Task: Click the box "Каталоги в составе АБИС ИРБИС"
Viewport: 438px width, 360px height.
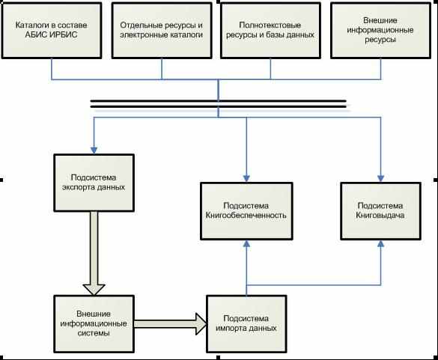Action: pyautogui.click(x=52, y=30)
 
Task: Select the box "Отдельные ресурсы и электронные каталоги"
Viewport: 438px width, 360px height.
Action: pyautogui.click(x=162, y=30)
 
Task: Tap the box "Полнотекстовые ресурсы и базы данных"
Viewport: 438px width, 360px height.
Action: pyautogui.click(x=270, y=30)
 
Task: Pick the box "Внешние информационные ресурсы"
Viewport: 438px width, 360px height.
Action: pyautogui.click(x=380, y=30)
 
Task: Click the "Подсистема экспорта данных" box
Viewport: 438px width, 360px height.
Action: pyautogui.click(x=94, y=183)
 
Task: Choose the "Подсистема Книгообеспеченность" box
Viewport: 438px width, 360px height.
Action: pyautogui.click(x=246, y=211)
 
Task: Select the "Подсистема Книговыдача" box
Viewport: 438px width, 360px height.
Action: pyautogui.click(x=380, y=211)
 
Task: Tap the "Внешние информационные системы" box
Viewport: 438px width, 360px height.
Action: pyautogui.click(x=94, y=324)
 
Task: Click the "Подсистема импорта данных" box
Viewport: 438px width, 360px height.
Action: pyautogui.click(x=246, y=324)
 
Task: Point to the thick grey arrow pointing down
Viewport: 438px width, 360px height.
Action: pyautogui.click(x=94, y=253)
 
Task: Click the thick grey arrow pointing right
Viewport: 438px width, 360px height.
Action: pyautogui.click(x=171, y=324)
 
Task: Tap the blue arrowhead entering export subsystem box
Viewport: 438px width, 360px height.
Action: pyautogui.click(x=94, y=150)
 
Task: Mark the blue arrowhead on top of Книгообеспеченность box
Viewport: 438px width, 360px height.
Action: pyautogui.click(x=246, y=178)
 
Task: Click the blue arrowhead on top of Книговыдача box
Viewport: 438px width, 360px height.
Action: pyautogui.click(x=380, y=178)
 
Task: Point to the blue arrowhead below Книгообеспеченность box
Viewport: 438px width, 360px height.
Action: pyautogui.click(x=246, y=244)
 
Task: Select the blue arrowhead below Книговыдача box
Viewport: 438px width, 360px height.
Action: pyautogui.click(x=380, y=244)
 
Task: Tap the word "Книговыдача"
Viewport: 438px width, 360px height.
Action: pyautogui.click(x=380, y=216)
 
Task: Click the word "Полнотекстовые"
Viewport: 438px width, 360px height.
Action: pyautogui.click(x=270, y=25)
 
